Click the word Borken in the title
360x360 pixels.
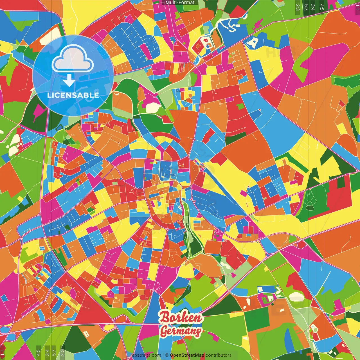coord(181,318)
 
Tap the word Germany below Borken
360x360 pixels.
coord(181,330)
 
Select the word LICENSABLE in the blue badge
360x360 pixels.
coord(73,95)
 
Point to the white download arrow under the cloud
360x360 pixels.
coord(69,81)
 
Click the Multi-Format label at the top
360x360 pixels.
coord(180,3)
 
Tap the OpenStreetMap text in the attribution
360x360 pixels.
coord(187,355)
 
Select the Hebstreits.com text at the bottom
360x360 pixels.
coord(145,355)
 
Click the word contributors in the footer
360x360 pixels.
coord(219,355)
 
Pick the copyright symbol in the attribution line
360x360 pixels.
coord(166,355)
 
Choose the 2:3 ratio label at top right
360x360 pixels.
coord(298,7)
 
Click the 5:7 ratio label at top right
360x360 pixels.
coord(306,7)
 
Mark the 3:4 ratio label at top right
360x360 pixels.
coord(313,7)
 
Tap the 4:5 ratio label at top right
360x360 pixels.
coord(322,7)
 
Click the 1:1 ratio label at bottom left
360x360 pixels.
coord(3,353)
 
